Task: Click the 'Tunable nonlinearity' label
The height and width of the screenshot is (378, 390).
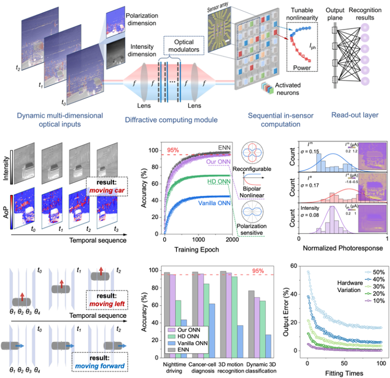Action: [x=301, y=14]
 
